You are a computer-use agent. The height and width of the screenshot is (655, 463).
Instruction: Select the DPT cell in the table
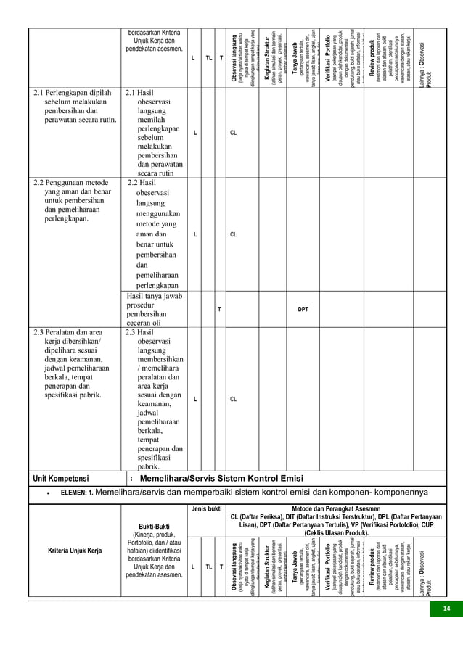pyautogui.click(x=303, y=309)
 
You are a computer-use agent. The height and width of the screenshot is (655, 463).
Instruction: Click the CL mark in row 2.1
pyautogui.click(x=234, y=133)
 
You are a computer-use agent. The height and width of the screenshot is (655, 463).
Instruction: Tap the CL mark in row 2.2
pyautogui.click(x=234, y=235)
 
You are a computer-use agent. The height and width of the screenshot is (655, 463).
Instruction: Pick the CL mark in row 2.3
pyautogui.click(x=234, y=399)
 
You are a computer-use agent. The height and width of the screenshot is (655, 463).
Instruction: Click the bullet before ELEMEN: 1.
pyautogui.click(x=47, y=495)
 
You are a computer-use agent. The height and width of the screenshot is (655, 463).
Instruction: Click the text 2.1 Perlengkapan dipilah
pyautogui.click(x=73, y=94)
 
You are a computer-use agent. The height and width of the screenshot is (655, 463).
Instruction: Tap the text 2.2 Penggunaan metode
pyautogui.click(x=72, y=183)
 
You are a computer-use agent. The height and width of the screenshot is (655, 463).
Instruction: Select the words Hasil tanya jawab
pyautogui.click(x=154, y=296)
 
